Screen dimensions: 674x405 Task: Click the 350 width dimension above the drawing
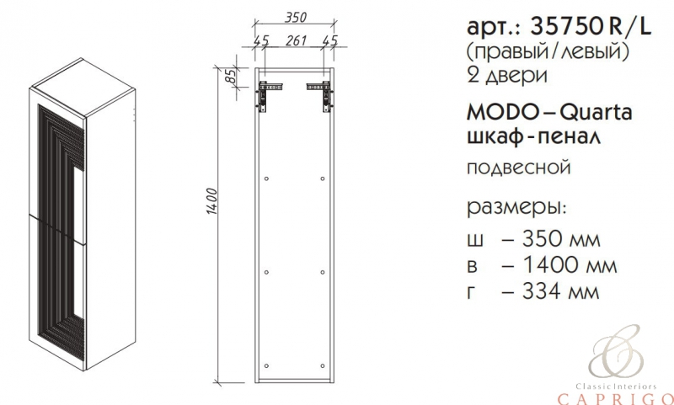(297, 17)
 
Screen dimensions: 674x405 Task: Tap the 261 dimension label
(297, 40)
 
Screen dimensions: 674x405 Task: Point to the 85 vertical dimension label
(231, 76)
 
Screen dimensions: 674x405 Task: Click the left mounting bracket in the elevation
(269, 93)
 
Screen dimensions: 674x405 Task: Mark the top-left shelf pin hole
(266, 179)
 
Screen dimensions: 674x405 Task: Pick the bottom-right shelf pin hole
(323, 366)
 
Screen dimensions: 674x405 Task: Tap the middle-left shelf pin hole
(266, 272)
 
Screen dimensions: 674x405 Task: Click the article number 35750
(565, 28)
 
